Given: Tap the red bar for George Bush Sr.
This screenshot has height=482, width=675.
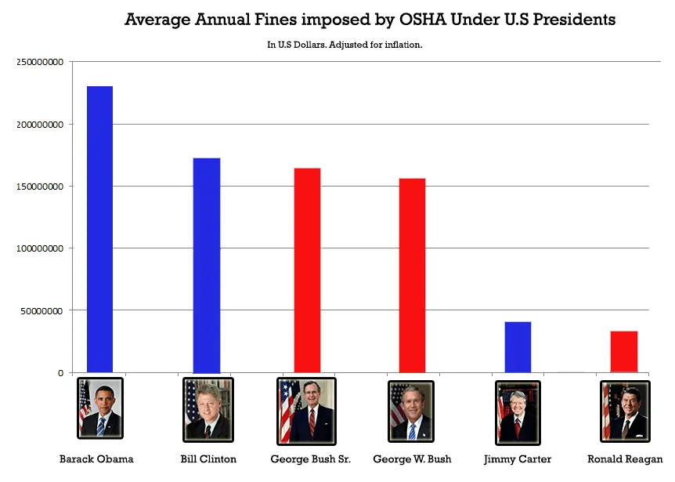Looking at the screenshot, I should coord(307,270).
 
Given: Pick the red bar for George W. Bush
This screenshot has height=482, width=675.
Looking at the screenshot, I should coord(412,275).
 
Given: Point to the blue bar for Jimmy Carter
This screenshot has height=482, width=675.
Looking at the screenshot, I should coord(518,347).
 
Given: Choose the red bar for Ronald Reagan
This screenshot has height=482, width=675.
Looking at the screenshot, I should coord(624,352).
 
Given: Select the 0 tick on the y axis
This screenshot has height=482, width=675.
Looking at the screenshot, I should coord(60,373).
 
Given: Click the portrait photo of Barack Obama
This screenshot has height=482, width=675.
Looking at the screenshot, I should coord(100,409).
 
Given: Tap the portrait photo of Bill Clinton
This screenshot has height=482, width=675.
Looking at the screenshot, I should coord(207,409).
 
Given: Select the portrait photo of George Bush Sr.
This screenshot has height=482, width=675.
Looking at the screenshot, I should coord(306,411).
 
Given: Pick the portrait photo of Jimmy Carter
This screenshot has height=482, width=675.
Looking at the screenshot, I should coord(518,411).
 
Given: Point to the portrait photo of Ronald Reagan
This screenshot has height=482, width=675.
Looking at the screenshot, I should coord(624,411).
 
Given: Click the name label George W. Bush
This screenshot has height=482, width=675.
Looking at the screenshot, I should coord(412,459).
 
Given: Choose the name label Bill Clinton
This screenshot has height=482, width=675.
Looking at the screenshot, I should coord(208,459).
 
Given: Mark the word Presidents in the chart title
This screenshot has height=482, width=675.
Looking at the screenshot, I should coord(574,20).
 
